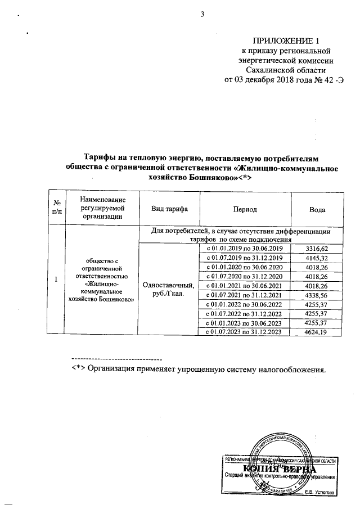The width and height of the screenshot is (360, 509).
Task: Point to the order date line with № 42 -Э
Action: (284, 79)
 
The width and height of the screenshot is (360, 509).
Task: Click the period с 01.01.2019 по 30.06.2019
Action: (245, 249)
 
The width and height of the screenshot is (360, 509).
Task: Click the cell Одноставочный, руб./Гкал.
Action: (169, 290)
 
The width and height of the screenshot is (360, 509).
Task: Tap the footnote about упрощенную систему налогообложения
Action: (198, 370)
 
